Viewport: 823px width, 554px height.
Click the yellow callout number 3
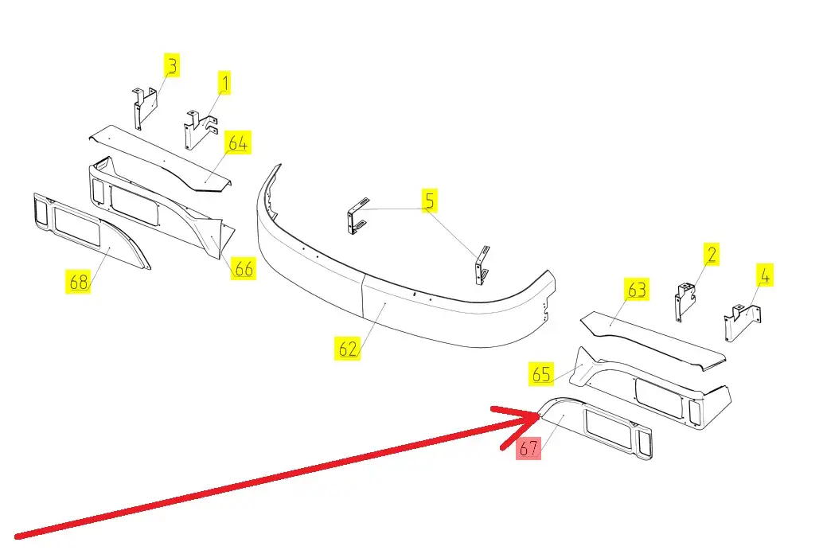pyautogui.click(x=172, y=65)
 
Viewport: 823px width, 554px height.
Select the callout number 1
pyautogui.click(x=224, y=82)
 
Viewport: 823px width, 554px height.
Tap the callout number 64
pyautogui.click(x=238, y=144)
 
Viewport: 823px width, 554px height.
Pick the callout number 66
pyautogui.click(x=244, y=269)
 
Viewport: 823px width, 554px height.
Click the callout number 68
pyautogui.click(x=78, y=281)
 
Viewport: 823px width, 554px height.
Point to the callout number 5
pyautogui.click(x=429, y=201)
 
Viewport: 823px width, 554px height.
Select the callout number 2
pyautogui.click(x=711, y=255)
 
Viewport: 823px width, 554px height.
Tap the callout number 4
pyautogui.click(x=764, y=276)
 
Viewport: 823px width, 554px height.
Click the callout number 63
pyautogui.click(x=637, y=290)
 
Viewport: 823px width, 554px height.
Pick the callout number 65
pyautogui.click(x=541, y=373)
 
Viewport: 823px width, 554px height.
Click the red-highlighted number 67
pyautogui.click(x=529, y=448)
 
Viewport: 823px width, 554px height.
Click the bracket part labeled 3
pyautogui.click(x=144, y=107)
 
